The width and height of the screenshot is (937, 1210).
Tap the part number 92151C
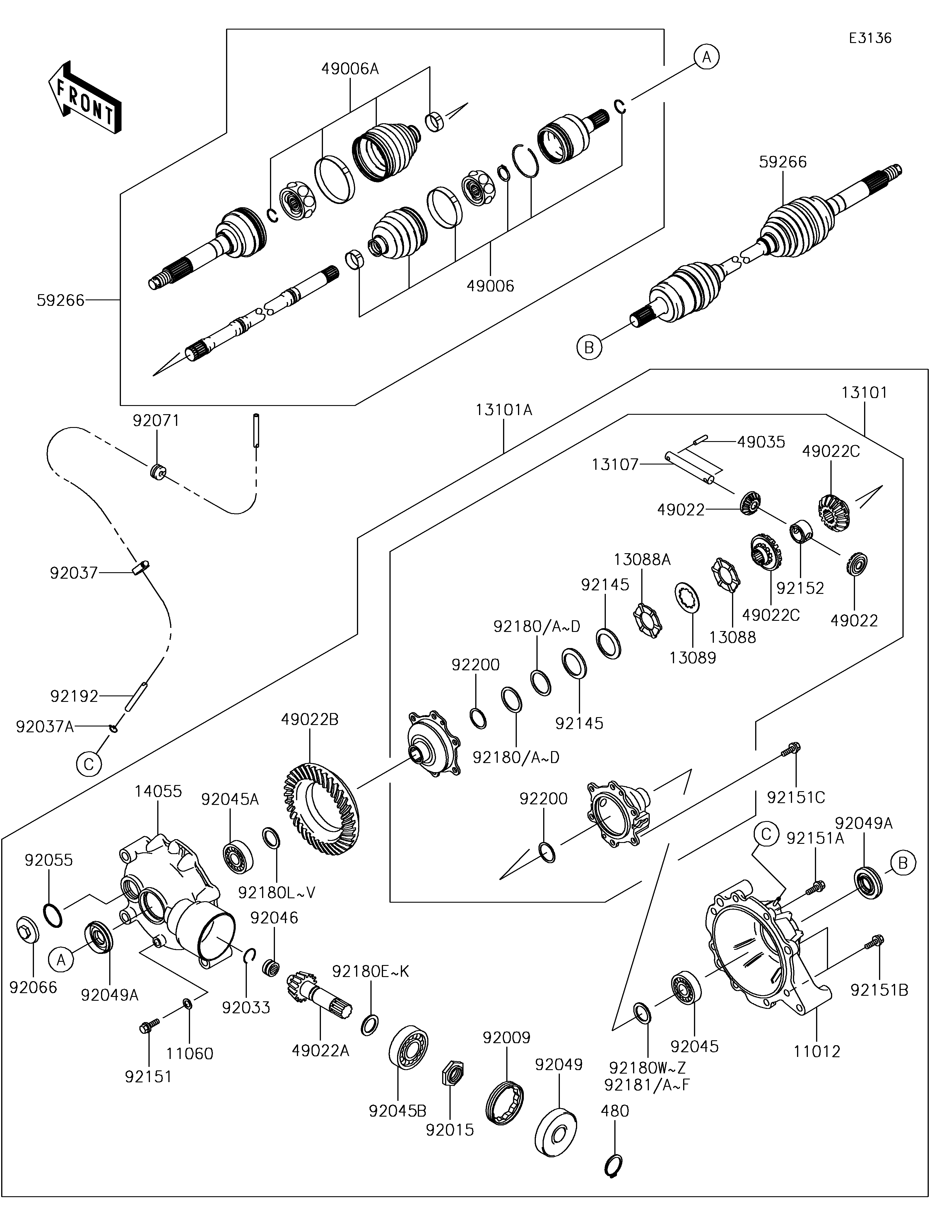tap(796, 797)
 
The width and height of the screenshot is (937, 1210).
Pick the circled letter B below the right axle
tap(589, 347)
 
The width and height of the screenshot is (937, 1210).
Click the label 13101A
tap(504, 410)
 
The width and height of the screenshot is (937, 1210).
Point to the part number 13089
tap(693, 658)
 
